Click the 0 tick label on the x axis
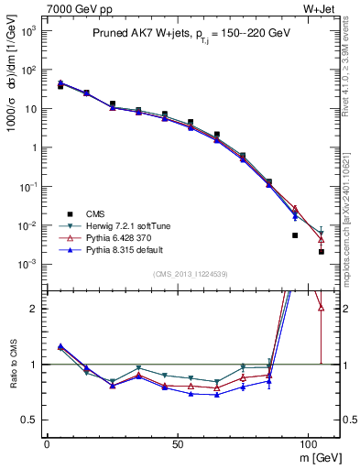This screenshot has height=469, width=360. coord(47,444)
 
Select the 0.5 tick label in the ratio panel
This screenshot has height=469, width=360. coord(29,420)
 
